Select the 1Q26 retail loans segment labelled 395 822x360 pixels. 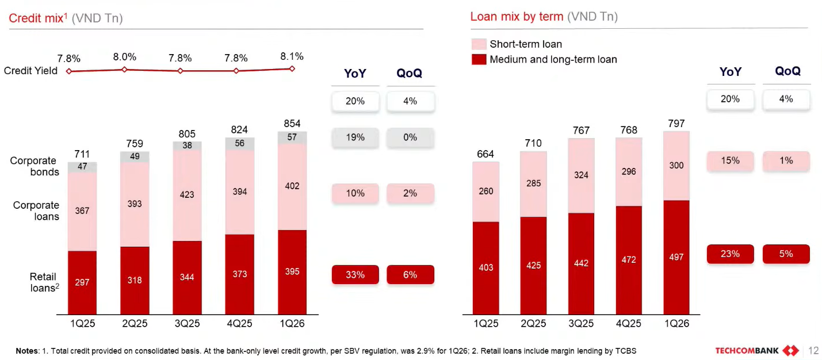point(292,271)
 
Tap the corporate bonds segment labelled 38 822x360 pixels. point(187,146)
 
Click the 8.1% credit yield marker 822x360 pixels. point(292,68)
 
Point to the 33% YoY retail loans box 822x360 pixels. point(355,275)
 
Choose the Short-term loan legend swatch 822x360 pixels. point(479,44)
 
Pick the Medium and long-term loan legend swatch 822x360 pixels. point(479,59)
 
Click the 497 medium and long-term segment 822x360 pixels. point(676,257)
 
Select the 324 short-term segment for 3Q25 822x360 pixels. point(581,175)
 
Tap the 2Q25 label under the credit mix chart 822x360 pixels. point(135,324)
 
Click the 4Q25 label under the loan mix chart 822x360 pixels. point(629,324)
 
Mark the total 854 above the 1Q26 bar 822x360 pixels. point(292,124)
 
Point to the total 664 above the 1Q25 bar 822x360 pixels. point(485,154)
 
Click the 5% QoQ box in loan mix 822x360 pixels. point(786,254)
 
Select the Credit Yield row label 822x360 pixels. point(30,71)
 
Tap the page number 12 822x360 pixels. point(813,351)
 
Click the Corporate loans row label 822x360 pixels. point(36,210)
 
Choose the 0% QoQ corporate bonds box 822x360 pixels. point(410,137)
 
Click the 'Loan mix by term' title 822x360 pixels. point(517,17)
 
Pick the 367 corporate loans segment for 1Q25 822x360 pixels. point(82,211)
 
